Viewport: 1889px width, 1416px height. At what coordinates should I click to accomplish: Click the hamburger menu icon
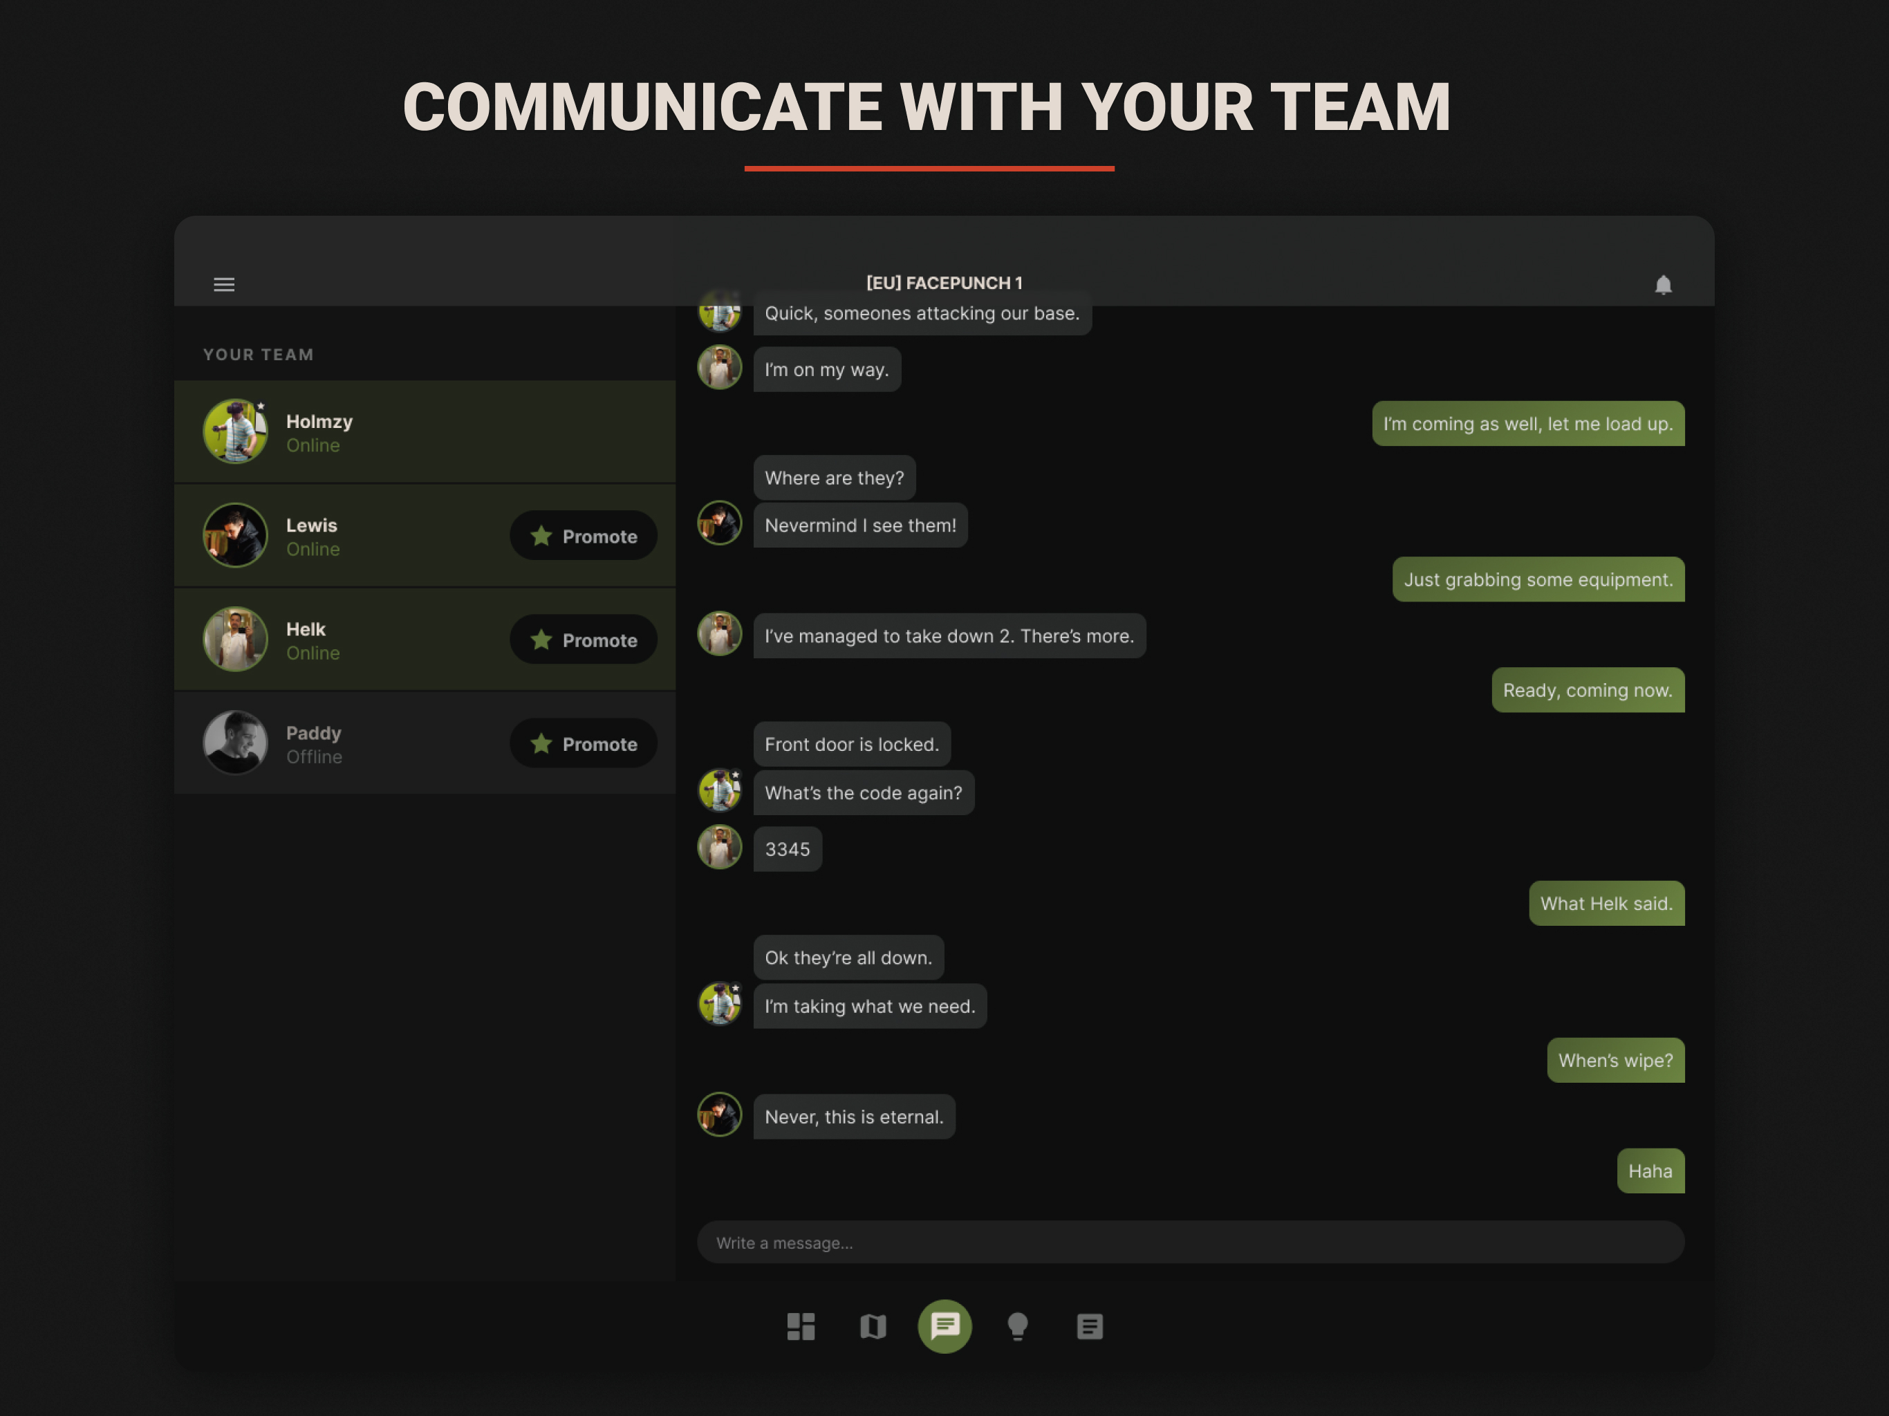[x=224, y=284]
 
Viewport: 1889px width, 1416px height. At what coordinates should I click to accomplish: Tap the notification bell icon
[x=1663, y=284]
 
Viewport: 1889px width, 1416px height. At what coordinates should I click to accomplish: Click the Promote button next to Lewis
[x=584, y=535]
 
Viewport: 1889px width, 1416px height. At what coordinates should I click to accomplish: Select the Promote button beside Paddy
[x=584, y=743]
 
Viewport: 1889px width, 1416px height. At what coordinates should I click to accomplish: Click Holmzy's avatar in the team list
[x=236, y=431]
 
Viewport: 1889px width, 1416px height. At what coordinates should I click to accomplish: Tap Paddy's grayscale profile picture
[x=236, y=742]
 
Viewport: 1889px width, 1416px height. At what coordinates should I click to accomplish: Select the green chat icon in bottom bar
[x=944, y=1326]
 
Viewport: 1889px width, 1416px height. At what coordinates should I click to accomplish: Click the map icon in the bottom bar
[x=873, y=1326]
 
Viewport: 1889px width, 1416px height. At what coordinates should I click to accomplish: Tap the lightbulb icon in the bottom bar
[x=1017, y=1326]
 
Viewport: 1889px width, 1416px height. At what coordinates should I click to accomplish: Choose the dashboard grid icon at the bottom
[x=801, y=1326]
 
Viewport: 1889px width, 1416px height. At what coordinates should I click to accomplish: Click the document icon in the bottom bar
[x=1090, y=1326]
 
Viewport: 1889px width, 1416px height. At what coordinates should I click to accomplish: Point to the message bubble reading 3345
[x=788, y=849]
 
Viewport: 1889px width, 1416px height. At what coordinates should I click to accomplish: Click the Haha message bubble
[x=1650, y=1171]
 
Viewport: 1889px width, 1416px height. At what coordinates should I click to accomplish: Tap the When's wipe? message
[x=1616, y=1060]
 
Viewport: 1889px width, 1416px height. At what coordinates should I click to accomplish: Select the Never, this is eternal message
[x=854, y=1116]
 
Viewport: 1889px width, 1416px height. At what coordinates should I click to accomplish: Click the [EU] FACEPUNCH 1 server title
[x=944, y=283]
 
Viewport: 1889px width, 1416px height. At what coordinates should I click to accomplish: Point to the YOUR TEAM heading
[x=259, y=355]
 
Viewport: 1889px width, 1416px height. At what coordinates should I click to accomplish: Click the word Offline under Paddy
[x=315, y=756]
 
